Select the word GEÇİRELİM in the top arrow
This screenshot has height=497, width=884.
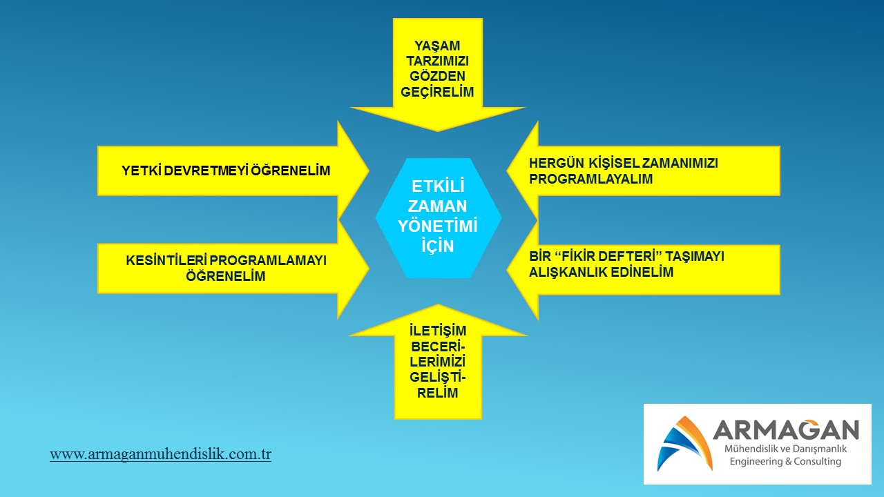coord(437,92)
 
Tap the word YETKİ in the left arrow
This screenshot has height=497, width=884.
coord(142,170)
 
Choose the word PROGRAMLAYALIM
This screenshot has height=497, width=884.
coord(591,179)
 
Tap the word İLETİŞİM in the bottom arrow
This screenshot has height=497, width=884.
coord(438,331)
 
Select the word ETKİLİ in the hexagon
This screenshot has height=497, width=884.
coord(438,186)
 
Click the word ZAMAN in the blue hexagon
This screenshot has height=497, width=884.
coord(438,206)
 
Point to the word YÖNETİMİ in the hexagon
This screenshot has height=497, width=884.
coord(438,226)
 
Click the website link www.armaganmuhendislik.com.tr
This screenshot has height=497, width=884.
coord(161,454)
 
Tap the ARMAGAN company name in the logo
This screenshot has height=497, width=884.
coord(786,430)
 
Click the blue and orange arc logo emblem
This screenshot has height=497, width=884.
coord(684,444)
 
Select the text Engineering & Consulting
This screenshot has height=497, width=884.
coord(785,462)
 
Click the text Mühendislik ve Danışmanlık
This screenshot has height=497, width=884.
coord(786,449)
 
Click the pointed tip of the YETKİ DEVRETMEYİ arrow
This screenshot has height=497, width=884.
coord(369,170)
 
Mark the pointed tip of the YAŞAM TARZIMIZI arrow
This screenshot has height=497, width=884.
coord(437,131)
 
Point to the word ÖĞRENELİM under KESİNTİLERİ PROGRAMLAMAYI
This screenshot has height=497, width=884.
coord(226,276)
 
